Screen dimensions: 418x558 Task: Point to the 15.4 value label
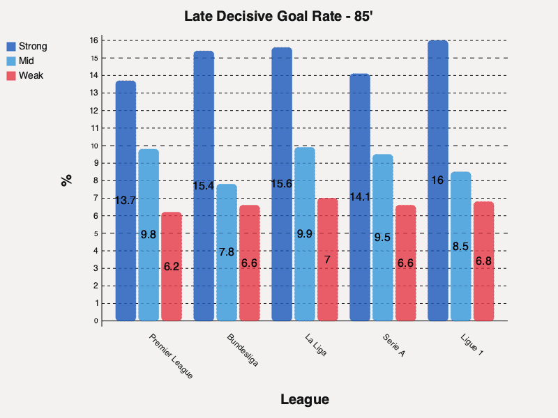click(204, 186)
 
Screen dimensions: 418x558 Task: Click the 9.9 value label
click(305, 234)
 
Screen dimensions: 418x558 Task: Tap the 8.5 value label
click(461, 247)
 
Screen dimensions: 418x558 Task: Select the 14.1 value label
click(360, 197)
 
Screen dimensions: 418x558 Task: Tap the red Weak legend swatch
click(12, 75)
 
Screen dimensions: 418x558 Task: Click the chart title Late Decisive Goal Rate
click(279, 16)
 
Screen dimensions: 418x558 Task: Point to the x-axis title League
click(304, 399)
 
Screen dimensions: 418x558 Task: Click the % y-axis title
click(66, 180)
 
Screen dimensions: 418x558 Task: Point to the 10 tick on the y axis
click(94, 146)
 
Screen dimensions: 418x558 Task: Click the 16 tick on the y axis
click(94, 40)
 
